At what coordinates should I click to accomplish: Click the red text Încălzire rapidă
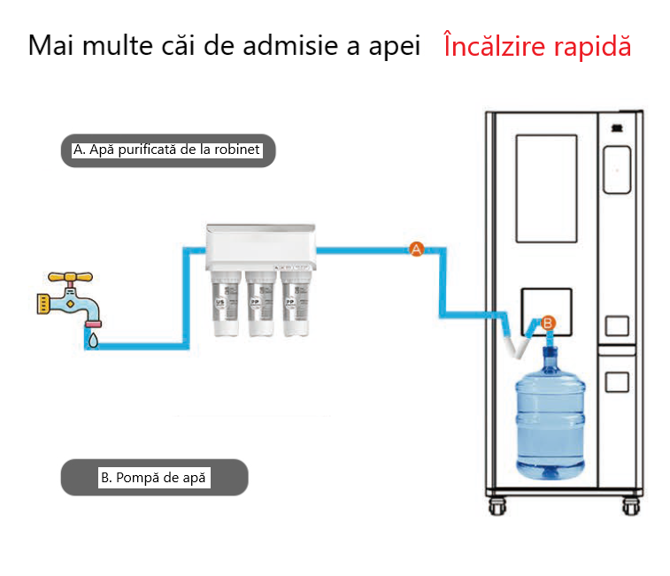tap(537, 46)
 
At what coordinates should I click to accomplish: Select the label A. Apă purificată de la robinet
tap(168, 150)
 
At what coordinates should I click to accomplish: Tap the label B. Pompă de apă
tap(154, 478)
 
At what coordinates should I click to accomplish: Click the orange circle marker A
tap(416, 250)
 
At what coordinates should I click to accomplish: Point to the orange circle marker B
tap(547, 323)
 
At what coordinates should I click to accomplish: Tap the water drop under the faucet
tap(93, 337)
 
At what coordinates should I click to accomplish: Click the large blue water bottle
tap(550, 416)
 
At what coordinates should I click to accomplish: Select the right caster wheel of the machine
tap(630, 507)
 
